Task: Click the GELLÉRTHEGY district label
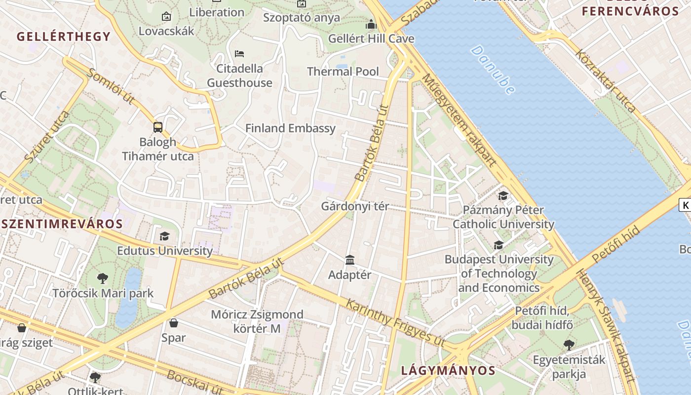pos(64,37)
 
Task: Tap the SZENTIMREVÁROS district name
pos(62,223)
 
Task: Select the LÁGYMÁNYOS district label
pos(448,370)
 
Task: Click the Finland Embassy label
pos(290,128)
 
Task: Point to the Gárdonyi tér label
pos(355,206)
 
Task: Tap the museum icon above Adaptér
pos(350,260)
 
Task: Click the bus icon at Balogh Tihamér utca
pos(158,127)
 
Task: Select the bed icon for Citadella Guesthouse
pos(239,53)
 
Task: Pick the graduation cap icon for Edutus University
pos(164,236)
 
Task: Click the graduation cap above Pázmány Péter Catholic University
pos(503,196)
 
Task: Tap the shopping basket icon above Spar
pos(173,323)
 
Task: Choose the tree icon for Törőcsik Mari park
pos(103,278)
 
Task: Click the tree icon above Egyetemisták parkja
pos(569,345)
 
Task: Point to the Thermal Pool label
pos(343,72)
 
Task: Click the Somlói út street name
pos(111,87)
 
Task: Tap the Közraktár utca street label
pos(605,81)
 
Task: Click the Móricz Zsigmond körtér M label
pos(257,321)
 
